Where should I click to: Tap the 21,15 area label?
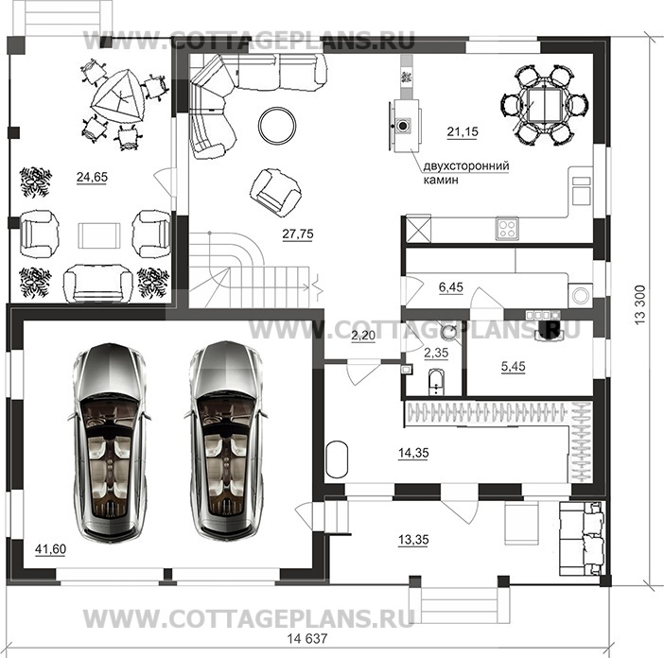tap(463, 130)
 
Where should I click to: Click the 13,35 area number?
tap(409, 540)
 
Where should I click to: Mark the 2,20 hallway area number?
tap(361, 338)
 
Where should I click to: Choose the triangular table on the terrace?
tap(116, 95)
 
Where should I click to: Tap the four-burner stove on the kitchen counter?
tap(507, 228)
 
